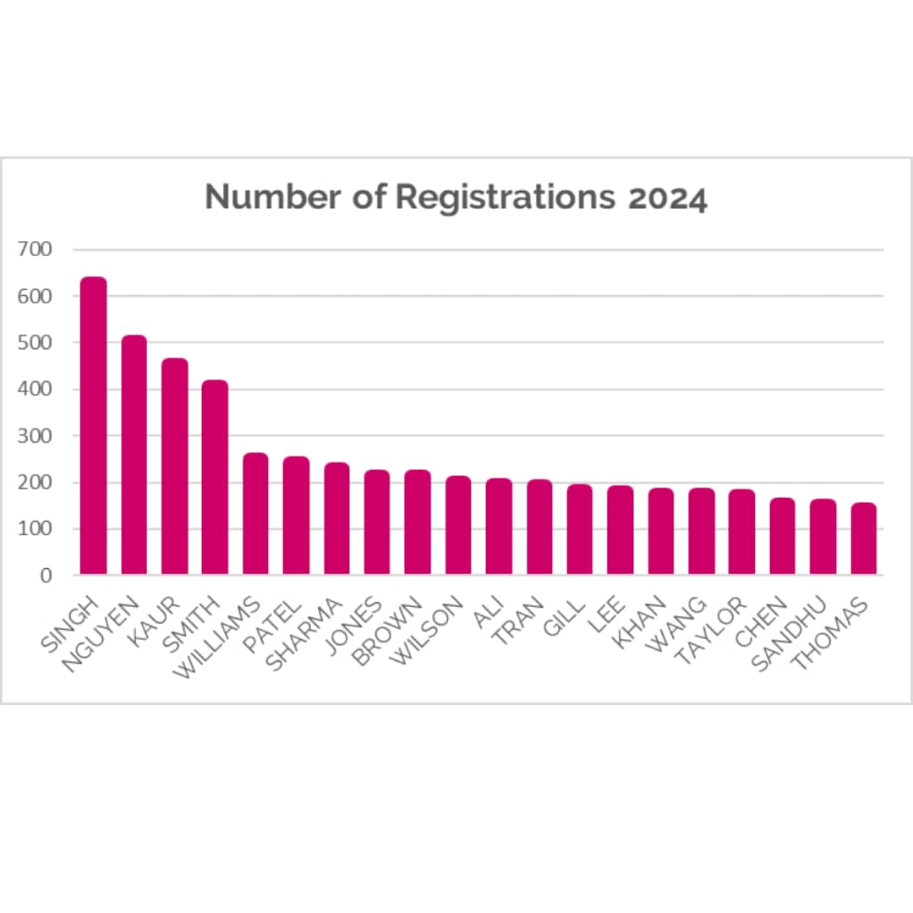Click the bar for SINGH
[93, 426]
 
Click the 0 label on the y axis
[46, 575]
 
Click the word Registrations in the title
[505, 197]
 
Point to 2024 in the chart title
[668, 199]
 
